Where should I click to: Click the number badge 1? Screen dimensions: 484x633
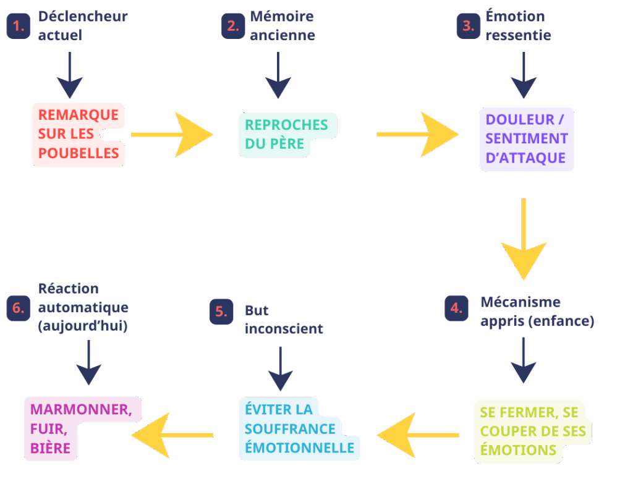click(x=19, y=27)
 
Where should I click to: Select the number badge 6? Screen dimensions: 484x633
click(x=19, y=308)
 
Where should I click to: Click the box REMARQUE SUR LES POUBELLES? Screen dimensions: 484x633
click(x=78, y=134)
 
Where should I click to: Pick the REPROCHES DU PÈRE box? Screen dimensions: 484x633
click(x=287, y=134)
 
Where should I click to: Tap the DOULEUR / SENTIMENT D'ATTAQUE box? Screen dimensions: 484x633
click(x=527, y=139)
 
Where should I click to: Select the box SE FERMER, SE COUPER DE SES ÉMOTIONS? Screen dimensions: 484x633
click(x=532, y=431)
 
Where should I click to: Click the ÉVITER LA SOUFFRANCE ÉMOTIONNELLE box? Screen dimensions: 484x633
click(x=299, y=428)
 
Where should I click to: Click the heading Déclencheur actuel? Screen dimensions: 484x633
click(x=82, y=26)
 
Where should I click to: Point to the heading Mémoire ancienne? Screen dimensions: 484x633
click(x=282, y=26)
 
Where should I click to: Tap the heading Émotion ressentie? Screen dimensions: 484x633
click(x=518, y=26)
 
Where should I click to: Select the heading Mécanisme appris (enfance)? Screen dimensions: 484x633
click(x=537, y=312)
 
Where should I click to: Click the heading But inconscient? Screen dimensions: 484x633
click(x=284, y=319)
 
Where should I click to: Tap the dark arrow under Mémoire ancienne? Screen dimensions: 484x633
click(x=278, y=75)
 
